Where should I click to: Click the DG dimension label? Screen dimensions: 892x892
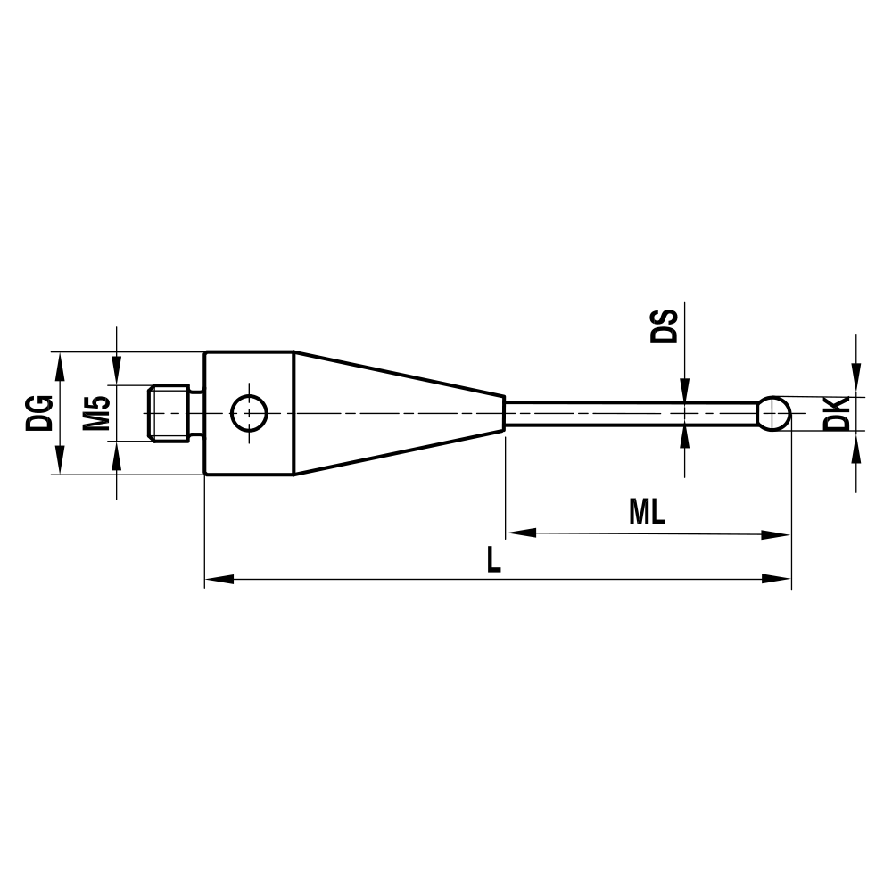pos(39,413)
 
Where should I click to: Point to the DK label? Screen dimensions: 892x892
pos(836,414)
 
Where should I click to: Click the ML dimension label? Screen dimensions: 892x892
pos(648,512)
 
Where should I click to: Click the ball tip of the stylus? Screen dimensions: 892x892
pos(774,413)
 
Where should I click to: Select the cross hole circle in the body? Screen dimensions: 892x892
pos(249,413)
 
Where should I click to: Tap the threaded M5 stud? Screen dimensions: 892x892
pos(169,413)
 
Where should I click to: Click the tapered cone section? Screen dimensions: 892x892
pos(392,413)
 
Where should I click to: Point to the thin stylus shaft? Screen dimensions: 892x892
pos(624,413)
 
